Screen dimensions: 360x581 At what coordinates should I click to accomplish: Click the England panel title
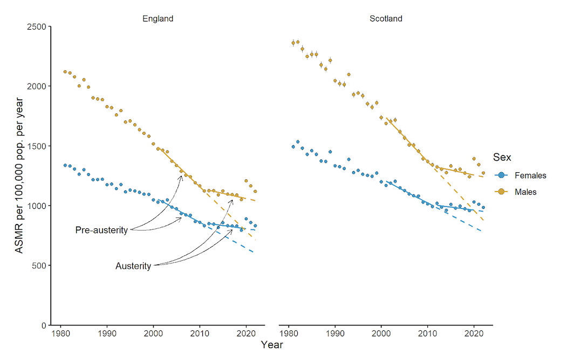point(158,19)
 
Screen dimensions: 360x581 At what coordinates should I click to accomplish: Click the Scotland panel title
point(386,19)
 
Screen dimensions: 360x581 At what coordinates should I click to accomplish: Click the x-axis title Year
point(271,344)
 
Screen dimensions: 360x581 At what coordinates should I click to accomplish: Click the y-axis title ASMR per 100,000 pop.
point(19,175)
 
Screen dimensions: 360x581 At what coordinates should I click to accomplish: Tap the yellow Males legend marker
point(502,192)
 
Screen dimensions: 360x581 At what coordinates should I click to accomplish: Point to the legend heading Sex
point(502,157)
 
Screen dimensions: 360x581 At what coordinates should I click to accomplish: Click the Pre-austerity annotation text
point(101,230)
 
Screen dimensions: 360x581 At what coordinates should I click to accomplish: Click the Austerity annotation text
point(133,266)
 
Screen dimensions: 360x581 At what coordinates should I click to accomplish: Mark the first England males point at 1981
point(65,72)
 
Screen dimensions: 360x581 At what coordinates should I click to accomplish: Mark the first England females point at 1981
point(65,165)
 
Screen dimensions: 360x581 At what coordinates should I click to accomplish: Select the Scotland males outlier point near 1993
point(348,74)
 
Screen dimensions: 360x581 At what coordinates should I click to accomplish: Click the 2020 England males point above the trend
point(246,181)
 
